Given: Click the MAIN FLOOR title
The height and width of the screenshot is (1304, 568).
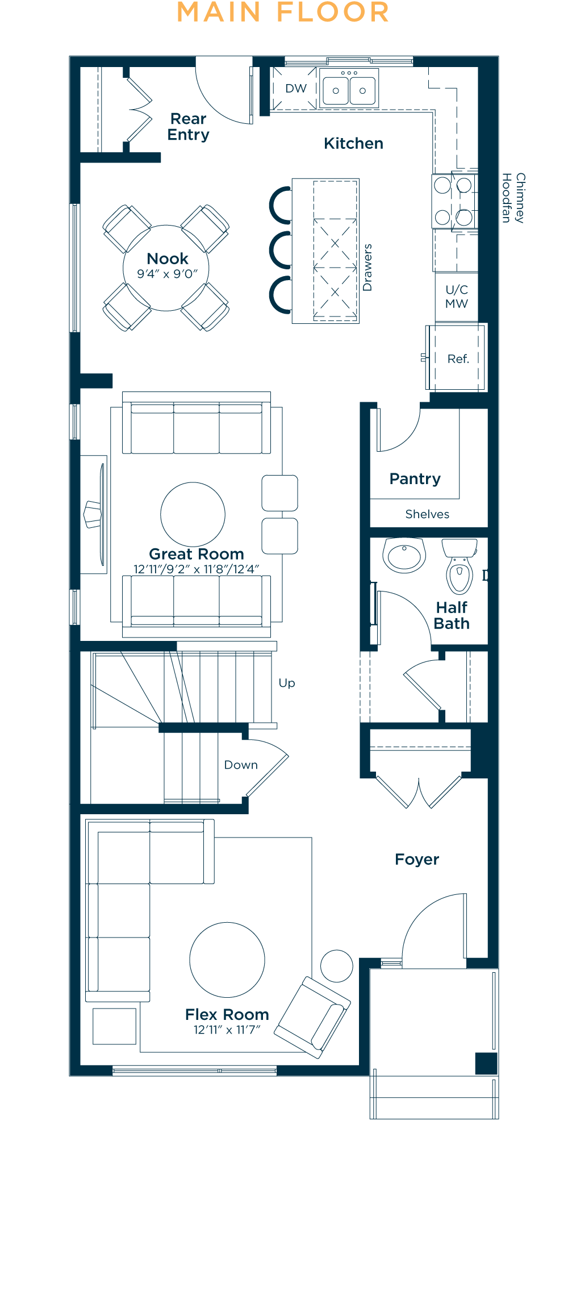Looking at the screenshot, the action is [283, 13].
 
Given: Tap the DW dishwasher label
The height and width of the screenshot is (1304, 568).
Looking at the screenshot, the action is [296, 89].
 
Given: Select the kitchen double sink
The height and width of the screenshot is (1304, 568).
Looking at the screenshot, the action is [349, 88].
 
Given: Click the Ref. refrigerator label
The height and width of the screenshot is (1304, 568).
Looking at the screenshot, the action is [458, 359].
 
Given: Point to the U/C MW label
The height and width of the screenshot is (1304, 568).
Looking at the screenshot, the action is [457, 297].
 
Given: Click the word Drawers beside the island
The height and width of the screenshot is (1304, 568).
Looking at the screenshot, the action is [367, 268].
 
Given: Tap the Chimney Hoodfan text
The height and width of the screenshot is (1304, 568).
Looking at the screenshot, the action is [513, 198].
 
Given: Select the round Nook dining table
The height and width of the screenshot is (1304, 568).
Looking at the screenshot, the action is [166, 268].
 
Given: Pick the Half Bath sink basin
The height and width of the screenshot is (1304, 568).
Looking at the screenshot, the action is [404, 555].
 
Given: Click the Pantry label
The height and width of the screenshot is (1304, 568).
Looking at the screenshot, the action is [415, 479].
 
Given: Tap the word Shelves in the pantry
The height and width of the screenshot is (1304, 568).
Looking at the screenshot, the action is [427, 514].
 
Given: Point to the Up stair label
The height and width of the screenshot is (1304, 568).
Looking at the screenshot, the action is [287, 683].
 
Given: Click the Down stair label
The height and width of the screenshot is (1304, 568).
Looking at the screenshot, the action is [241, 765].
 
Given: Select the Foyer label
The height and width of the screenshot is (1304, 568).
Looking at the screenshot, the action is [417, 860].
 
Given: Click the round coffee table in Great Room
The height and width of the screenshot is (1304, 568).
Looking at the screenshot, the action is [193, 514].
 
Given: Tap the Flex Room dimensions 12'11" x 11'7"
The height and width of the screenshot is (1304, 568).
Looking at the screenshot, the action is [227, 1030].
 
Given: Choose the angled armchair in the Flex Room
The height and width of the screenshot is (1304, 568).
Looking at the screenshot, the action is [313, 1017].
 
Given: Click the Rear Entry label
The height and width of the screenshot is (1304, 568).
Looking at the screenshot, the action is [189, 127].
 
